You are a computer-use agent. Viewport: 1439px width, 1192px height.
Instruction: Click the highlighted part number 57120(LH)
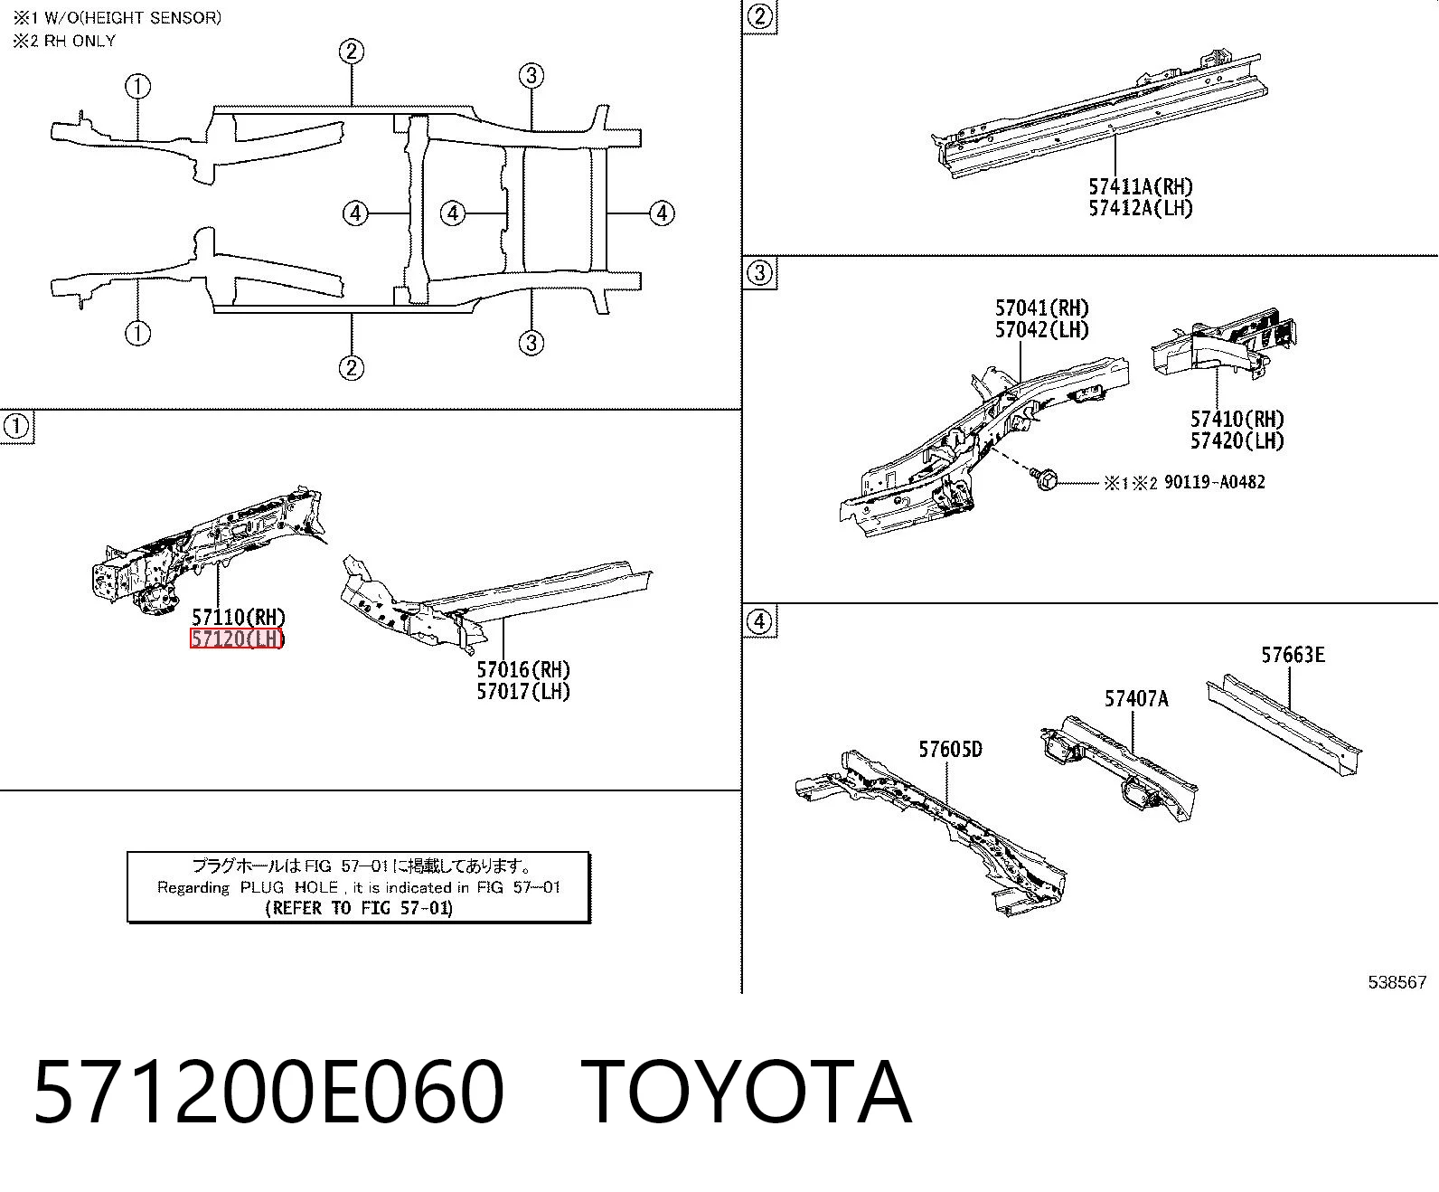(237, 639)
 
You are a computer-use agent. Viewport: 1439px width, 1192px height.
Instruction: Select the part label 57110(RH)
(239, 617)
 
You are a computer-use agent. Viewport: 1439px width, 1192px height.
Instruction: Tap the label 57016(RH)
(523, 669)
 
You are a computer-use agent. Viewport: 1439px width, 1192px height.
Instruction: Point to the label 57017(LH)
(523, 691)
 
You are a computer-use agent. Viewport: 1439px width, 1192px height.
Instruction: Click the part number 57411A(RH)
(1142, 186)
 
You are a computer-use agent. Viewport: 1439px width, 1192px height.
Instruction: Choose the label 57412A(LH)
(1142, 208)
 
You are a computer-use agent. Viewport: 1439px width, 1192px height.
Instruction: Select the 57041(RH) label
(1042, 307)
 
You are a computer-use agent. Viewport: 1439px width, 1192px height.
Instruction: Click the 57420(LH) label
(1237, 440)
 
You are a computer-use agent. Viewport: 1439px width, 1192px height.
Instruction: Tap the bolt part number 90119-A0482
(1215, 482)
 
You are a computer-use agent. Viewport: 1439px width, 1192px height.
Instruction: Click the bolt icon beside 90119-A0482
(1045, 478)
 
